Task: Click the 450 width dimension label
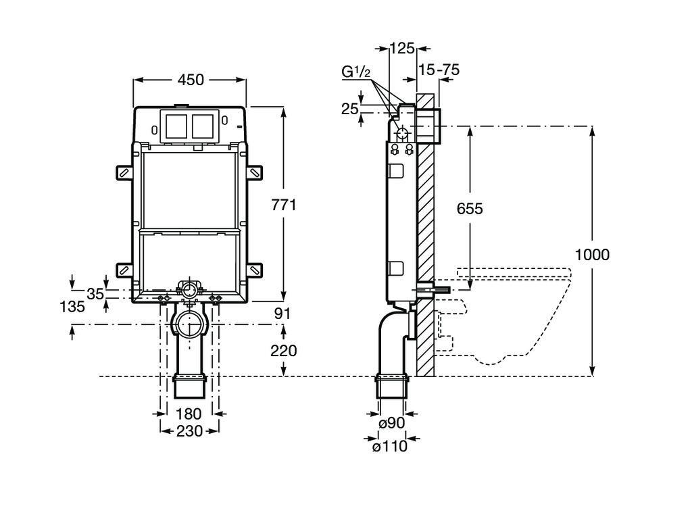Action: pos(191,80)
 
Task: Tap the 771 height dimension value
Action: pos(284,205)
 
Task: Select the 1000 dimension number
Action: pos(592,255)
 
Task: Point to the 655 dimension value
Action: pos(469,208)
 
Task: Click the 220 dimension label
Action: pos(284,351)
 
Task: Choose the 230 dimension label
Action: pos(189,430)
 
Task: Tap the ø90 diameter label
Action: pos(391,424)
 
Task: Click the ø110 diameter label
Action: pos(390,446)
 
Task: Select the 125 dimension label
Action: pos(402,48)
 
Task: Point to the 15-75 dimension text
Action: pos(439,70)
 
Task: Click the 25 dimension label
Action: pos(349,108)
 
